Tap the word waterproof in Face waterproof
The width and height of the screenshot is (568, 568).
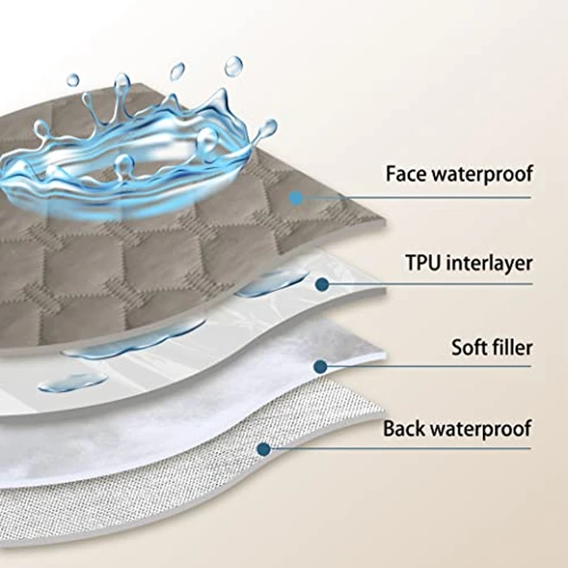(484, 174)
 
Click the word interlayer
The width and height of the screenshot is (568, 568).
(490, 264)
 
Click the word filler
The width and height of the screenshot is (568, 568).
(513, 347)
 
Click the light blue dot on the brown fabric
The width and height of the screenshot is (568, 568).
(296, 198)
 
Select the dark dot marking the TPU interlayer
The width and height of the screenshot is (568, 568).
(322, 284)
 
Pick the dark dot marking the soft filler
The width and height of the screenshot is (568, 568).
(321, 367)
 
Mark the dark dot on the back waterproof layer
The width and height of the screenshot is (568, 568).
(264, 450)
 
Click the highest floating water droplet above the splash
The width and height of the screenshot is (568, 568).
(234, 66)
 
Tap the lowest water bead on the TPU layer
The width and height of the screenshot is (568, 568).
(72, 382)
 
